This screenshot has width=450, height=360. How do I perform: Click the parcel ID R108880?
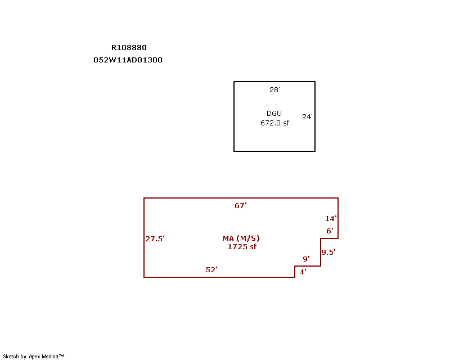click(129, 47)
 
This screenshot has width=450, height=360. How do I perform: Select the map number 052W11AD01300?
click(128, 60)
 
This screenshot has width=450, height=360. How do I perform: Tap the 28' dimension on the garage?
click(274, 90)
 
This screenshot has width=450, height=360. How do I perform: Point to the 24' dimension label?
click(307, 116)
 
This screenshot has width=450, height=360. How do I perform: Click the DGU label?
click(274, 114)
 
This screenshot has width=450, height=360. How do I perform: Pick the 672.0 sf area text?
click(274, 123)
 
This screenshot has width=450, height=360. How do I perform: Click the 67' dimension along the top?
click(241, 205)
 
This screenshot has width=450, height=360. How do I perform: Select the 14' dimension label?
click(331, 218)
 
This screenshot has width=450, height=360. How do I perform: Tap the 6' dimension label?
click(330, 231)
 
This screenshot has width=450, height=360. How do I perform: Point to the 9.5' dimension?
click(328, 252)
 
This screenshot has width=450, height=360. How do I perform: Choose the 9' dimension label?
click(306, 259)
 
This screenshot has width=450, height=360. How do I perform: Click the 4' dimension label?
click(303, 272)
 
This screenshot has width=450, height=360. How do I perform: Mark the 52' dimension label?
click(211, 269)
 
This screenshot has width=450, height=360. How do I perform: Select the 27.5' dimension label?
click(155, 238)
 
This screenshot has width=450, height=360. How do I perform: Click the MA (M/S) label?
click(241, 238)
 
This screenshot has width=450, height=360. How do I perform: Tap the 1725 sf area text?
click(242, 246)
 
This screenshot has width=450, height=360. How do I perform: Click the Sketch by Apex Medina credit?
click(33, 356)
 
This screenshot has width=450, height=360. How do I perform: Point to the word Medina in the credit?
click(50, 356)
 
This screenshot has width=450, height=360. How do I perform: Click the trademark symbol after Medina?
click(61, 355)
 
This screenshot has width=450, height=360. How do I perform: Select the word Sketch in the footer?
click(11, 356)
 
